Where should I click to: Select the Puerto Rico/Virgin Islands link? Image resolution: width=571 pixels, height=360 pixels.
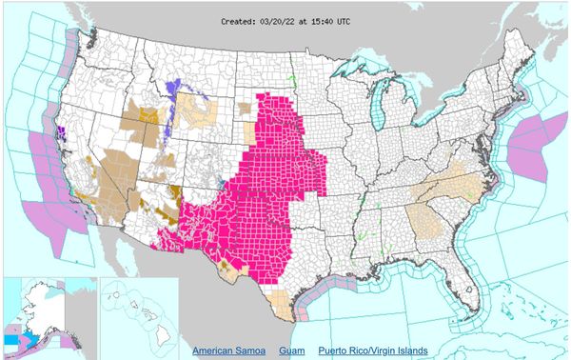[x=373, y=350]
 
